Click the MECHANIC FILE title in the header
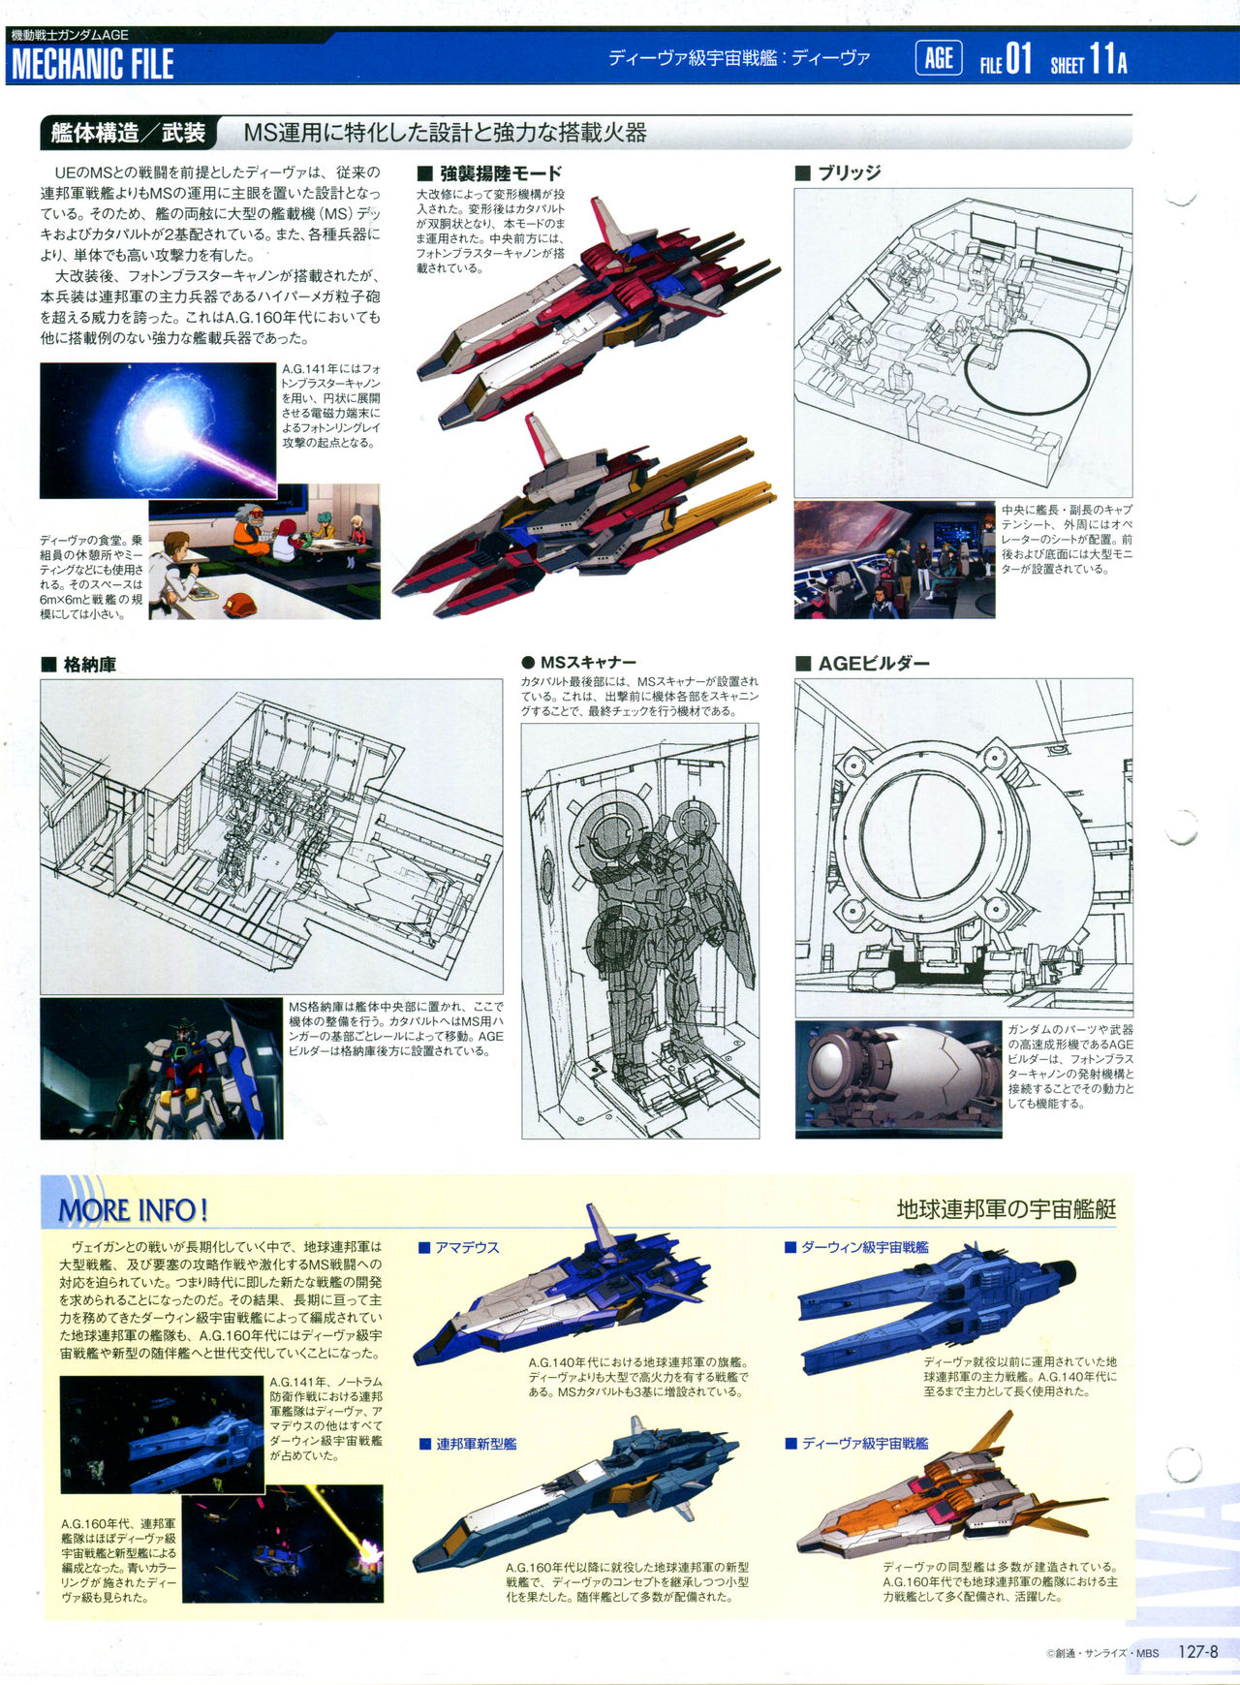[93, 64]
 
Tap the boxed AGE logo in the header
[938, 58]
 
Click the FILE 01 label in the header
[1006, 60]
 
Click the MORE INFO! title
[134, 1210]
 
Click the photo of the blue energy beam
[158, 429]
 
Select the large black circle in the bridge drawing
[1027, 373]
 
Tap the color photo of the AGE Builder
[898, 1078]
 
